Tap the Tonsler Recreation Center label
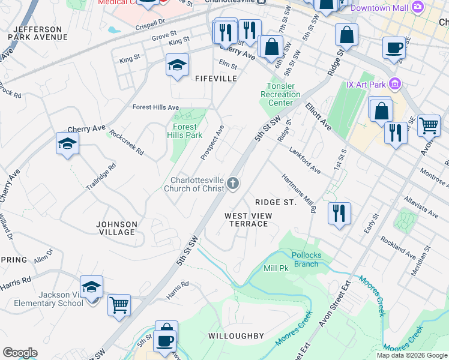280,94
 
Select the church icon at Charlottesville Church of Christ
233,184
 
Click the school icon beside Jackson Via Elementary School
91,287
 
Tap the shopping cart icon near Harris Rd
119,304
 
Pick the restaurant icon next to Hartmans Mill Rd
339,212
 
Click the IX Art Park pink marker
394,84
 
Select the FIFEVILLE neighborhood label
215,79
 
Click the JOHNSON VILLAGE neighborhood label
117,228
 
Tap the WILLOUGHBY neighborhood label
236,336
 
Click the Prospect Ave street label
212,143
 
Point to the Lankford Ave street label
304,160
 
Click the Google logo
20,353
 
